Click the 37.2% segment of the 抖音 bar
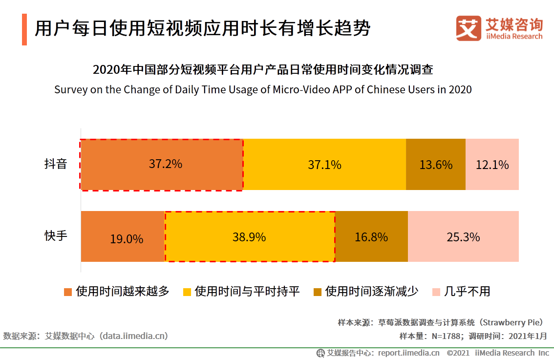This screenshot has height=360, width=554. pos(162,164)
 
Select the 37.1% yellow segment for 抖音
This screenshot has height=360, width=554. pos(324,164)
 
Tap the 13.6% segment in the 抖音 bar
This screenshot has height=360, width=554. pos(436,164)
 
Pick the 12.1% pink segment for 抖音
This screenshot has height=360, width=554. pos(492,164)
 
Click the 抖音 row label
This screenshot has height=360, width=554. pos(55,164)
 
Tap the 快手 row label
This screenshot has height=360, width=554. pos(55,236)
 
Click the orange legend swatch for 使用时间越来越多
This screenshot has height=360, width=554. pos(68,292)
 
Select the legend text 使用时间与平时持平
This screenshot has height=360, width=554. pos(247,292)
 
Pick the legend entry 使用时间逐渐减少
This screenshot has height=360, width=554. pos(372,292)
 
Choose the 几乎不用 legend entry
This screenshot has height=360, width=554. pos(467,292)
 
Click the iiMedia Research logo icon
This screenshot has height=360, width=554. pos(469,28)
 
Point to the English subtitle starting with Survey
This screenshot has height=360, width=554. pos(263,90)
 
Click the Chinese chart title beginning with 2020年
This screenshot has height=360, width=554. pos(263,70)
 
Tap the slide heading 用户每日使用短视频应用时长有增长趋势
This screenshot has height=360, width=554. pos(202,29)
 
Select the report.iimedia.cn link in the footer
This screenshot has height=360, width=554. pos(408,353)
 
